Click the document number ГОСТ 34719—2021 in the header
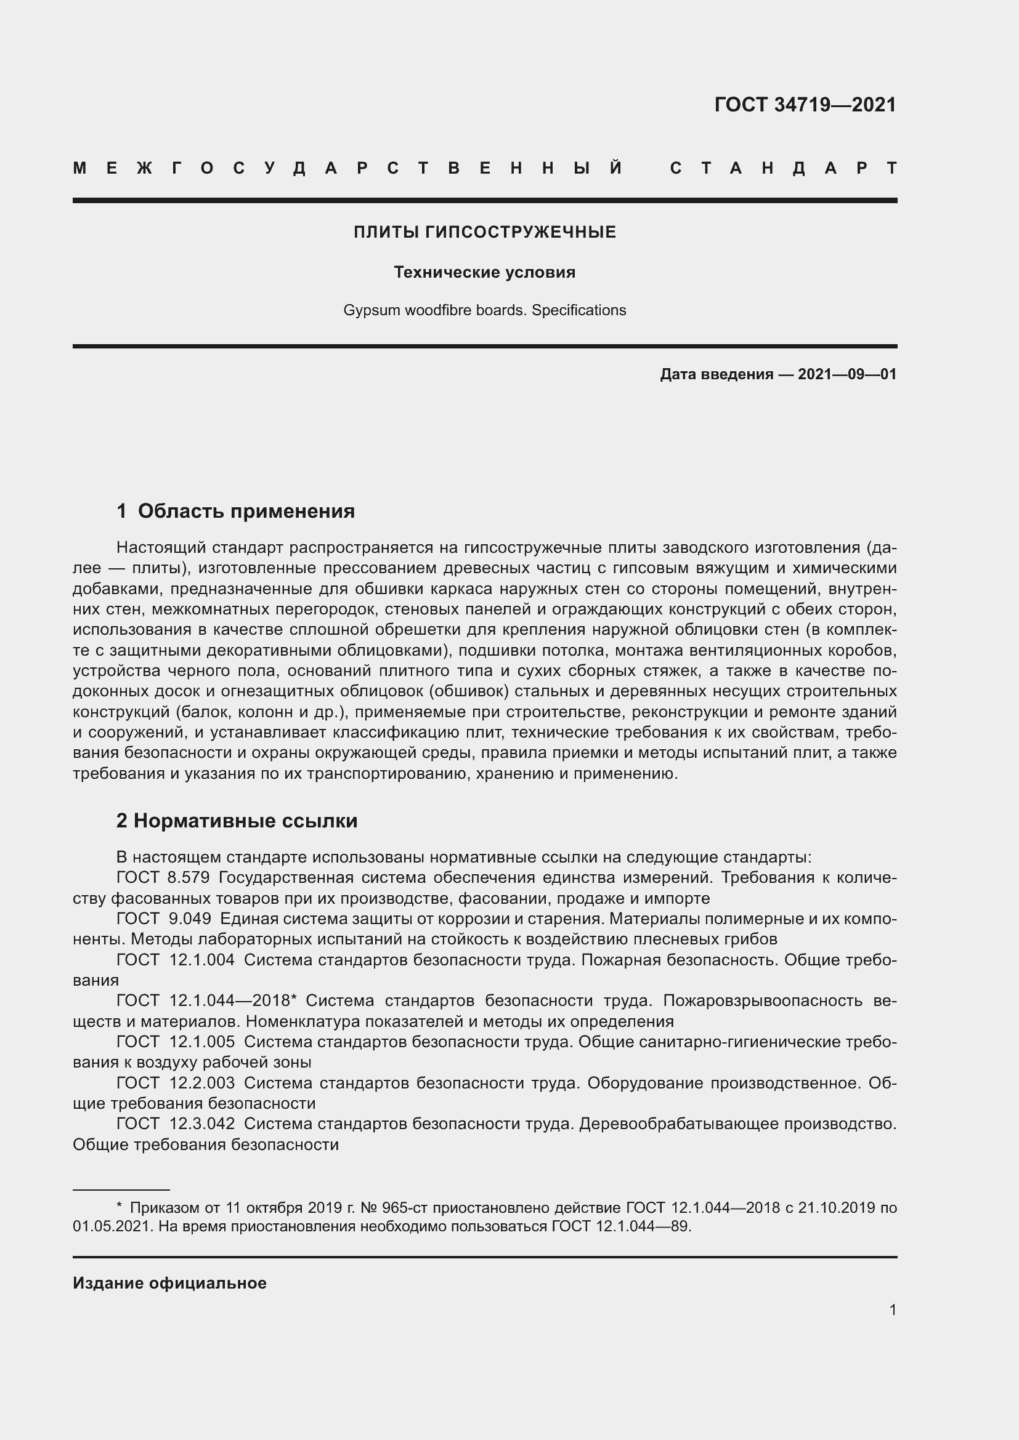(x=805, y=105)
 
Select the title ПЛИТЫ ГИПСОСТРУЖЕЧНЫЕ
(x=484, y=233)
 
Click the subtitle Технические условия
(x=484, y=272)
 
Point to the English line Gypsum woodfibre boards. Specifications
(x=484, y=310)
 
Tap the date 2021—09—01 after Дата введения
(x=846, y=374)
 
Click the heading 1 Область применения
(x=236, y=511)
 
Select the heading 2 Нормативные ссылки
(x=237, y=821)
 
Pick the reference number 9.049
(x=190, y=919)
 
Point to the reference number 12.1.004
(x=202, y=960)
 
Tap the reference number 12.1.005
(x=202, y=1042)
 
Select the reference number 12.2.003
(x=202, y=1083)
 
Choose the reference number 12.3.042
(x=202, y=1124)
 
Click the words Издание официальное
(x=169, y=1283)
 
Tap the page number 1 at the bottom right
(x=892, y=1309)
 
